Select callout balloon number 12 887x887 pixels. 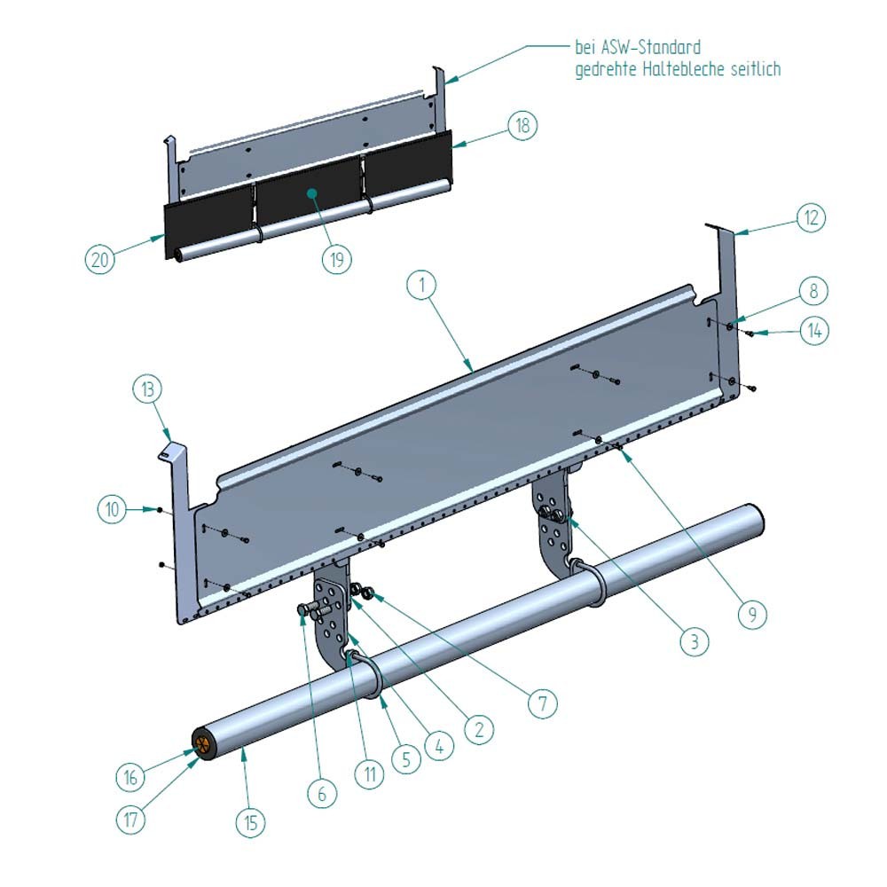coord(810,217)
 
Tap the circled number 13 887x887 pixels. coord(148,389)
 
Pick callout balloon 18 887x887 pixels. coord(522,126)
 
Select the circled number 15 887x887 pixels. coord(251,822)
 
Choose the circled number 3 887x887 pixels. coord(694,641)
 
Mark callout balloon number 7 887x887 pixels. coord(543,704)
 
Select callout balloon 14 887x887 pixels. coord(814,331)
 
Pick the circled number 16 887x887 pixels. coord(130,777)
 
